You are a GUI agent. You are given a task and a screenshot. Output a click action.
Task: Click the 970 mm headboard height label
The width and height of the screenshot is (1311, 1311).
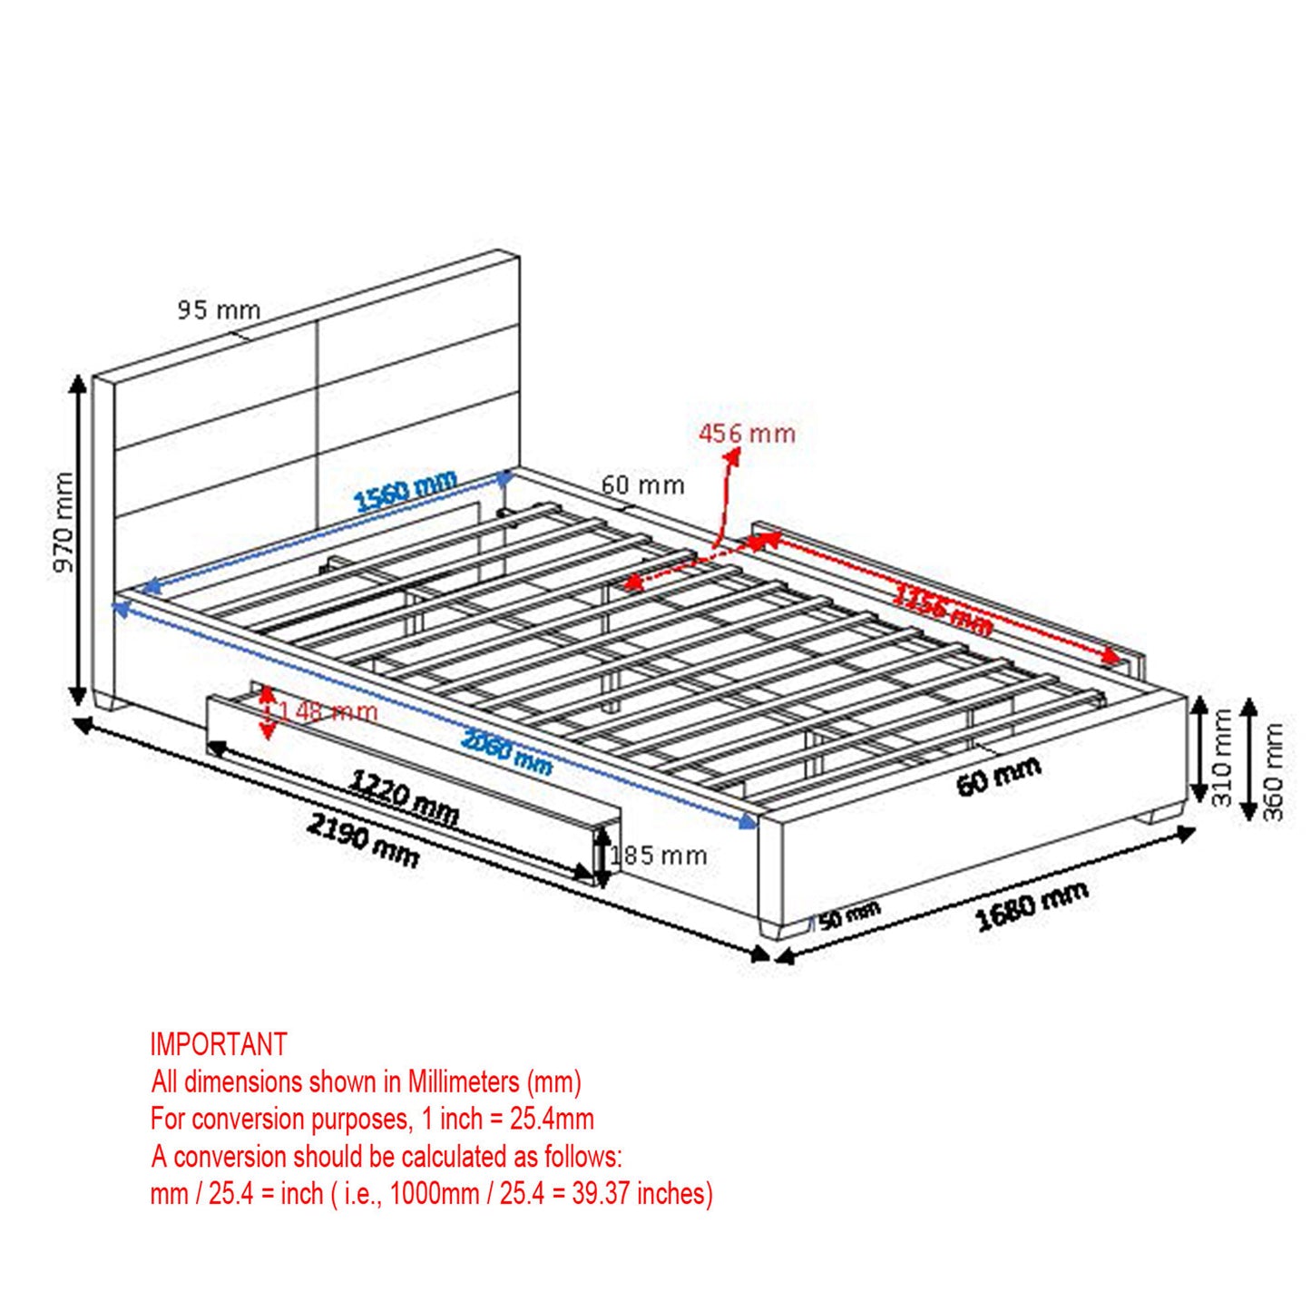(x=64, y=522)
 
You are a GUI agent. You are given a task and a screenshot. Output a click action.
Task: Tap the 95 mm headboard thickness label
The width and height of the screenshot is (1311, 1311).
(x=219, y=310)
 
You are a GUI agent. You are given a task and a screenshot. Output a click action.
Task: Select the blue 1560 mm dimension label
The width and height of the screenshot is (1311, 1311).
(x=405, y=491)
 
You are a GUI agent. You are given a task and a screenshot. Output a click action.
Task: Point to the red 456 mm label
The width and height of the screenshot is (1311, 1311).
(x=747, y=434)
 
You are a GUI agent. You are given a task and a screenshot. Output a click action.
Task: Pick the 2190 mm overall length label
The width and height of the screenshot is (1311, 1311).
(x=363, y=839)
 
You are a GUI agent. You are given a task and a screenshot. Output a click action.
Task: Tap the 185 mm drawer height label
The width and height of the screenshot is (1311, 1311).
(x=660, y=856)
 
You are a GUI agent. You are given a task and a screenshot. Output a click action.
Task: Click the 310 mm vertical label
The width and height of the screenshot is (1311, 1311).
(x=1221, y=758)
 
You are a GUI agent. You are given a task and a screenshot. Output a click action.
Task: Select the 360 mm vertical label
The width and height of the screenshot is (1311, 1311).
(x=1273, y=771)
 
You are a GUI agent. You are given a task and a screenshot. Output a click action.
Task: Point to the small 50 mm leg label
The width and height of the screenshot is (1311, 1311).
(x=849, y=915)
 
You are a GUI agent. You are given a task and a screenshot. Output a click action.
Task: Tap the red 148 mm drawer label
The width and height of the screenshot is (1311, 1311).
(x=322, y=711)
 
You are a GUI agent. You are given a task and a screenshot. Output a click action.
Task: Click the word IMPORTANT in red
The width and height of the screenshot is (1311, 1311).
(x=219, y=1044)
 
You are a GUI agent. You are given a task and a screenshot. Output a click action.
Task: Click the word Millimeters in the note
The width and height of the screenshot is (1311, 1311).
(x=463, y=1081)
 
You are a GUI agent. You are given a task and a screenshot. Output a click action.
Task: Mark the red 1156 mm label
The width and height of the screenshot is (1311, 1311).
(x=942, y=609)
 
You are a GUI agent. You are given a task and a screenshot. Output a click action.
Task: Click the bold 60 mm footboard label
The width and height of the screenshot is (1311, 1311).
(x=998, y=777)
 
